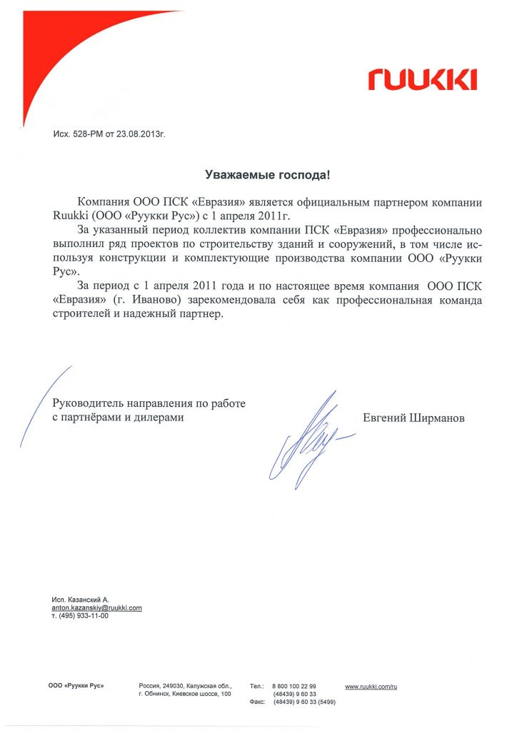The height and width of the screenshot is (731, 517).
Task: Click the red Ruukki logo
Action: click(x=422, y=79)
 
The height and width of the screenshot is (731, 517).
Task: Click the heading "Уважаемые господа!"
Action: click(x=268, y=174)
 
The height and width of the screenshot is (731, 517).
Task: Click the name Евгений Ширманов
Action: click(x=413, y=418)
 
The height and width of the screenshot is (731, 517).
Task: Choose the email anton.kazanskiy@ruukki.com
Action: click(x=96, y=608)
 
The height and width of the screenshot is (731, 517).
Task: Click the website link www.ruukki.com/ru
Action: click(x=370, y=686)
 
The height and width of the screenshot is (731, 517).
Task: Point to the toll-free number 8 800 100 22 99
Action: click(x=294, y=686)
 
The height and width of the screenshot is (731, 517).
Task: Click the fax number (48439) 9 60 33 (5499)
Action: click(x=300, y=702)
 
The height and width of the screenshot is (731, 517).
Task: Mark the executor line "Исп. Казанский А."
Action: click(x=80, y=599)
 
